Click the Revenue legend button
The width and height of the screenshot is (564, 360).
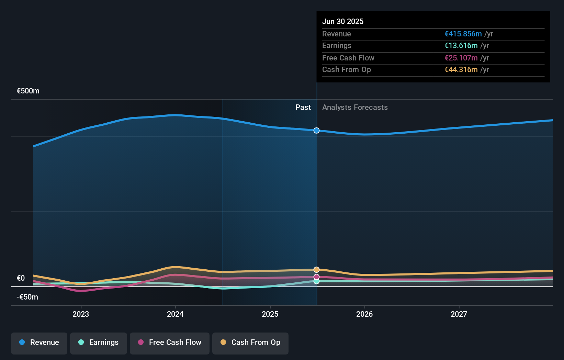(39, 343)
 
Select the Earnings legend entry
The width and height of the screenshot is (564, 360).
(99, 343)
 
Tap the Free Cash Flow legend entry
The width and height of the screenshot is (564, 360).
(170, 343)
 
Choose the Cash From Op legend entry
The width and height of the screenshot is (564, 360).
(250, 343)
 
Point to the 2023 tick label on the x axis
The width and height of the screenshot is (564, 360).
(81, 314)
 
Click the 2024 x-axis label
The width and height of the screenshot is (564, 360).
(175, 314)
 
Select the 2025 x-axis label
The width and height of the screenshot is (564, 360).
(270, 314)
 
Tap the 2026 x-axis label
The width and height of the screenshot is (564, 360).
(364, 314)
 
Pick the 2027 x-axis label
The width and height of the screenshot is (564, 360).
(459, 314)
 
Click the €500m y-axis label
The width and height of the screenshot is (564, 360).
(28, 91)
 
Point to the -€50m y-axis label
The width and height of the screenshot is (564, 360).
(27, 297)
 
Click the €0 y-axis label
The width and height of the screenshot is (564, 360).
(21, 278)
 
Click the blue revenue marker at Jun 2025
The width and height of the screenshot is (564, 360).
(317, 131)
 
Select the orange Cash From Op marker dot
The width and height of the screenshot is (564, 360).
(317, 270)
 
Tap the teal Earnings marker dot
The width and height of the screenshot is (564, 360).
(317, 281)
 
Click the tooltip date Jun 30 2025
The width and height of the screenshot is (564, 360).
(343, 21)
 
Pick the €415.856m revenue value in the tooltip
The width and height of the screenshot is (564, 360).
(463, 34)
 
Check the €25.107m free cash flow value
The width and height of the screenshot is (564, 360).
(461, 58)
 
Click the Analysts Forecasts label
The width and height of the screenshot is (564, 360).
(355, 108)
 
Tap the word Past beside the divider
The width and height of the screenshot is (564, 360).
(303, 108)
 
